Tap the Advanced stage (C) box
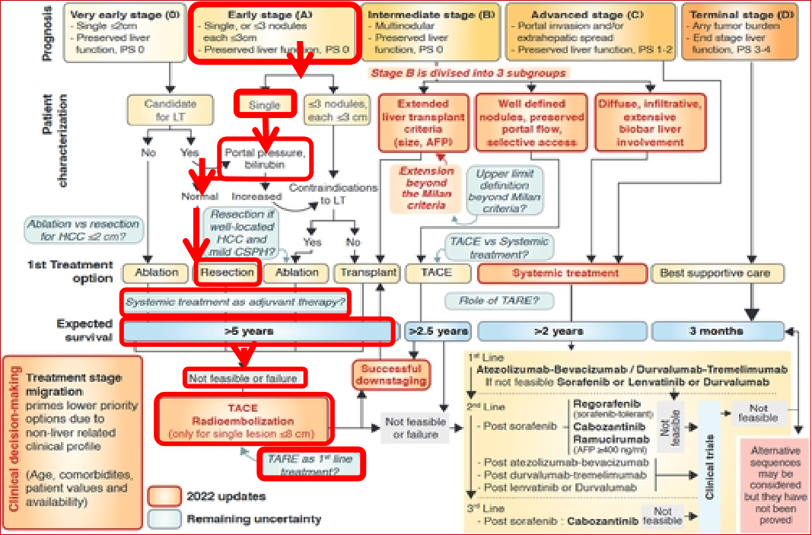click(590, 30)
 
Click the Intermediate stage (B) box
click(431, 30)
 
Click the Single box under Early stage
click(264, 106)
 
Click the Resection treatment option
click(228, 272)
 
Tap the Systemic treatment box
click(565, 272)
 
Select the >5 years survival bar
click(259, 331)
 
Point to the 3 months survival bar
click(718, 331)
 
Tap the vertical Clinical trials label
click(709, 457)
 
